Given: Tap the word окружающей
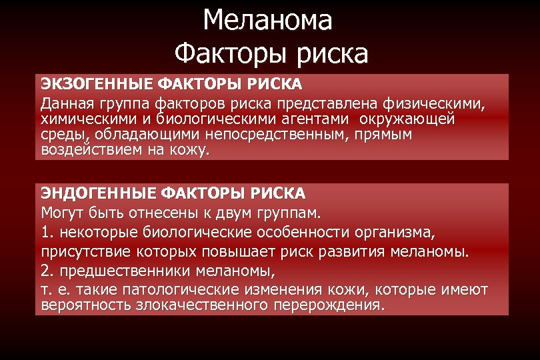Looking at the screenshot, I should click(x=409, y=120).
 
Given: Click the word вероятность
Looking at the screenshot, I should click(x=84, y=306).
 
